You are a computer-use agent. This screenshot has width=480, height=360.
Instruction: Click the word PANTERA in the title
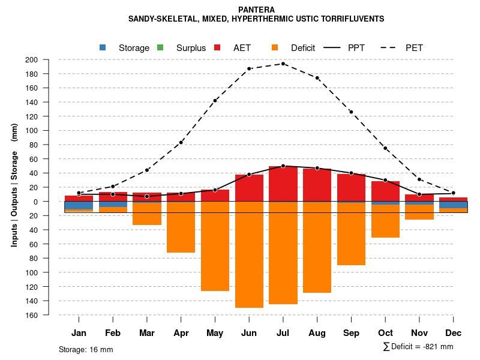(256, 10)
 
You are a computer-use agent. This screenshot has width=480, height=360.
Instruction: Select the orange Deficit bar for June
(249, 255)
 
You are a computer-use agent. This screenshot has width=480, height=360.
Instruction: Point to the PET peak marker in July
(283, 64)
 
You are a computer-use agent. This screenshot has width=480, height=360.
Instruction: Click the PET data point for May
(215, 101)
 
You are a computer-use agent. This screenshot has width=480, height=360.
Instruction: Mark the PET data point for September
(351, 112)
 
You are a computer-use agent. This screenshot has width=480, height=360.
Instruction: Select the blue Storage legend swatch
(103, 47)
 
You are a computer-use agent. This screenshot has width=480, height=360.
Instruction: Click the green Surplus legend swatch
(160, 47)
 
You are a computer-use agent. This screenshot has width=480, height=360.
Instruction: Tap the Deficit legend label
(303, 48)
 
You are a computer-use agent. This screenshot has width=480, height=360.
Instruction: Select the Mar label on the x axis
(147, 333)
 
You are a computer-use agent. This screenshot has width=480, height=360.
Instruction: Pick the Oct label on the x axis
(385, 333)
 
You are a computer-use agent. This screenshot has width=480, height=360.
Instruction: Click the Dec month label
(454, 333)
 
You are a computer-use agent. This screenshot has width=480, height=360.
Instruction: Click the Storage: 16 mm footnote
(86, 349)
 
